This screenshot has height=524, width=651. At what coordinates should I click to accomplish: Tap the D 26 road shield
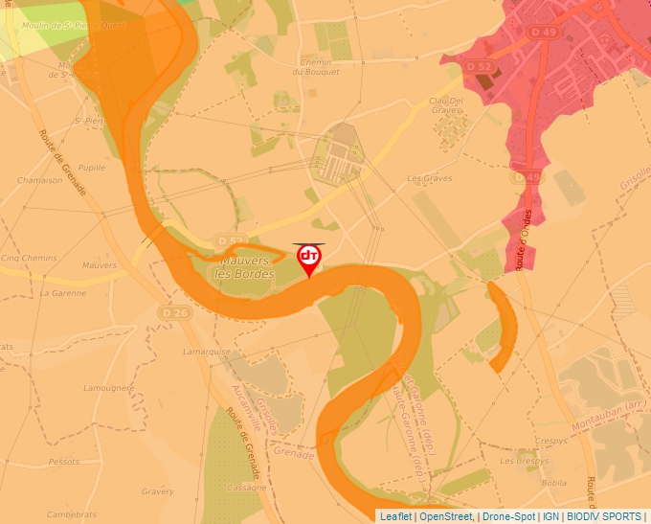173,312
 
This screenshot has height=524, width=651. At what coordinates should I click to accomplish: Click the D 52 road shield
479,66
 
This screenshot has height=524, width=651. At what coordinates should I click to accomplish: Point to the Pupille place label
91,166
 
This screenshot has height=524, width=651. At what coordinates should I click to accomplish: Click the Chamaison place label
39,180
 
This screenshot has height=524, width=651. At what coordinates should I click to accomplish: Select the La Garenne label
63,293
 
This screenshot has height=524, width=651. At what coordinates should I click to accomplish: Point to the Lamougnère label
108,388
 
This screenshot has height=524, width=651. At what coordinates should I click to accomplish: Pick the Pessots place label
64,461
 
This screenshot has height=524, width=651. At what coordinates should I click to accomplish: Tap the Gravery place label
157,491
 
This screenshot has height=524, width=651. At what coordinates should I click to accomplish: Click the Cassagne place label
247,488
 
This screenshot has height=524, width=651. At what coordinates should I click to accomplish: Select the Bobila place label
553,483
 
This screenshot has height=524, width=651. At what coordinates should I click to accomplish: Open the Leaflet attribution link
394,516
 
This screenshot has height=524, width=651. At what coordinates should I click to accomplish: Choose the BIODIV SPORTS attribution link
604,516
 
